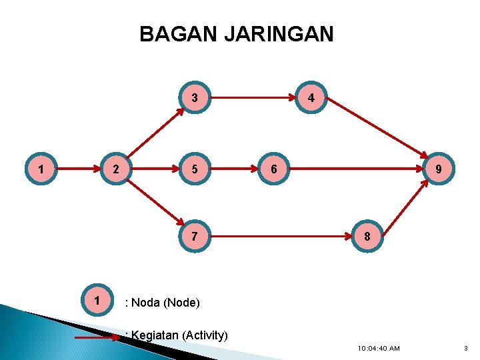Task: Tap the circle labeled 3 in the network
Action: click(194, 98)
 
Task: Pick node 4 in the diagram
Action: click(311, 98)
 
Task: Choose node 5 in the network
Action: click(194, 169)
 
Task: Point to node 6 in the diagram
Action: click(273, 169)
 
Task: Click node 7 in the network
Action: click(194, 237)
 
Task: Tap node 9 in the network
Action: click(438, 169)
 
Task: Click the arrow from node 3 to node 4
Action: click(253, 99)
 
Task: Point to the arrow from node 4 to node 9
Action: click(377, 131)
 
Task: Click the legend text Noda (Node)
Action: click(165, 303)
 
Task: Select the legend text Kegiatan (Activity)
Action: click(179, 335)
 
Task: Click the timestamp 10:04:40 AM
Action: click(378, 348)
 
